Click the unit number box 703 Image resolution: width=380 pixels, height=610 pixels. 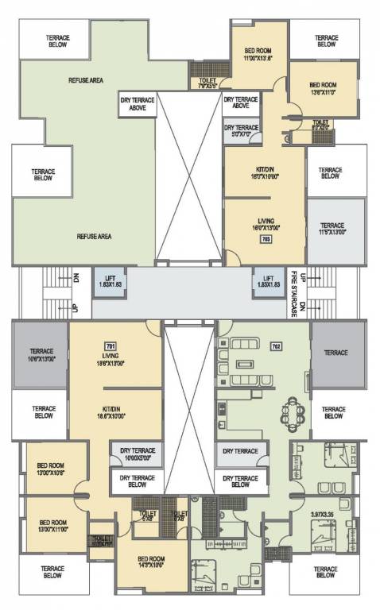point(266,237)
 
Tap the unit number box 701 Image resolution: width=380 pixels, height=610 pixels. point(111,346)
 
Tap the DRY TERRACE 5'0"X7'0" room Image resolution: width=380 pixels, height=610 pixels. point(241,130)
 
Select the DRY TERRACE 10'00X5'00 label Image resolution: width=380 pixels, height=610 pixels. point(141,454)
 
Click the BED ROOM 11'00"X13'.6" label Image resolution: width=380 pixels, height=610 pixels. point(258,52)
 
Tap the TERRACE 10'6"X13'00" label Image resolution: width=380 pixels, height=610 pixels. point(41,355)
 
